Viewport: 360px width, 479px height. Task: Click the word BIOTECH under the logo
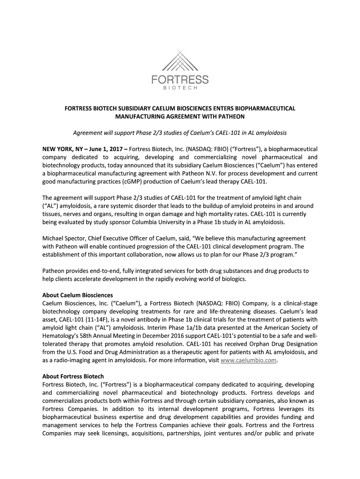click(x=180, y=88)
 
